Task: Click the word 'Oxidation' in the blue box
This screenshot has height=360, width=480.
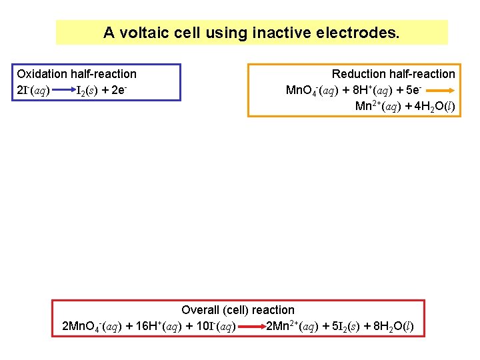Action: click(43, 74)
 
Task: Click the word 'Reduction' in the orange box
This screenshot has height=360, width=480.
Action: click(359, 74)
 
